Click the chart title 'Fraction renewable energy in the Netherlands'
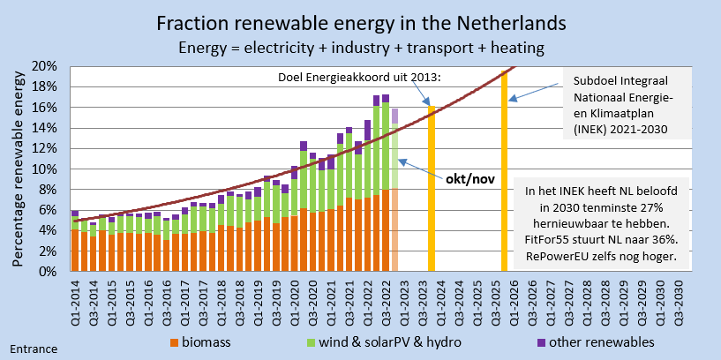(360, 22)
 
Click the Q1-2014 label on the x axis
(74, 300)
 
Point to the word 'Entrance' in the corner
(34, 349)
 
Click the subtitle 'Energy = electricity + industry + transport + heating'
(360, 46)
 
